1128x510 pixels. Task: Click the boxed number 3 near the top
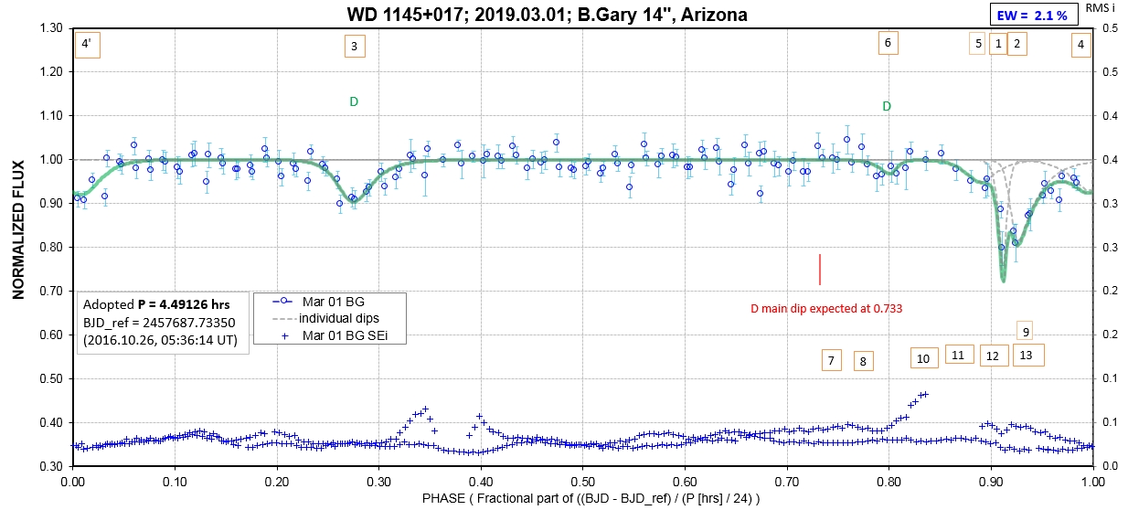(x=353, y=46)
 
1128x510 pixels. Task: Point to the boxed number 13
(x=1027, y=354)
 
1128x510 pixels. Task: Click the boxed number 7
(x=831, y=360)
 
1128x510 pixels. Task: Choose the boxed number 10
(x=923, y=357)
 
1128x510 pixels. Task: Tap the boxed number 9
(x=1027, y=331)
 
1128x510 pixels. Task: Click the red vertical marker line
(x=820, y=269)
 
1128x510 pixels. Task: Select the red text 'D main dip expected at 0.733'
(x=820, y=308)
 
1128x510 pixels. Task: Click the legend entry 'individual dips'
(x=330, y=317)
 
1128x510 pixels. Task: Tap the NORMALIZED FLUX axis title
(x=17, y=246)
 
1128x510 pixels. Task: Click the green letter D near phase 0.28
(x=354, y=101)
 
